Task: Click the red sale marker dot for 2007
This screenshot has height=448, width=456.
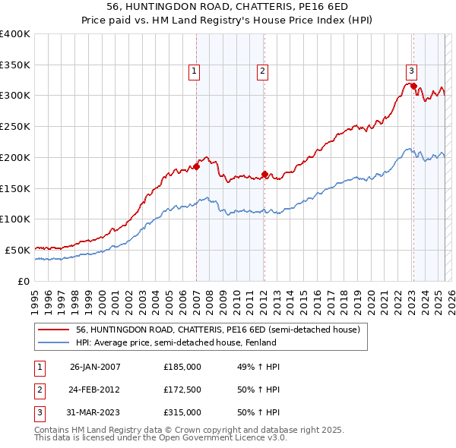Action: point(196,166)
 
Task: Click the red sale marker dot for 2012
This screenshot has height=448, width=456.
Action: point(264,174)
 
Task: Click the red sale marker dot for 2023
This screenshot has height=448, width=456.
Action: point(413,87)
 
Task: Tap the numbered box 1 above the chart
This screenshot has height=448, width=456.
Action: point(194,71)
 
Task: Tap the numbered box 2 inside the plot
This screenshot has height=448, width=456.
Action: point(261,71)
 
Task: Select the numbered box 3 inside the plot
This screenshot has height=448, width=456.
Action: point(410,71)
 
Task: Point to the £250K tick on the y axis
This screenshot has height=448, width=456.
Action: point(15,126)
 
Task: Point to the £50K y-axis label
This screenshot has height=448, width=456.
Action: point(17,250)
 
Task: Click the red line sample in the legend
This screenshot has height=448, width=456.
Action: point(54,330)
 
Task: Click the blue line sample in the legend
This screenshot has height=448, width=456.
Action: point(54,342)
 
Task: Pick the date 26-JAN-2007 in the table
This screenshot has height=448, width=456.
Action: point(95,367)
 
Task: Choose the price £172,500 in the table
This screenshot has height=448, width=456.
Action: point(182,390)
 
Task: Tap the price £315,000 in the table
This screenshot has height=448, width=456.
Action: point(182,412)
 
